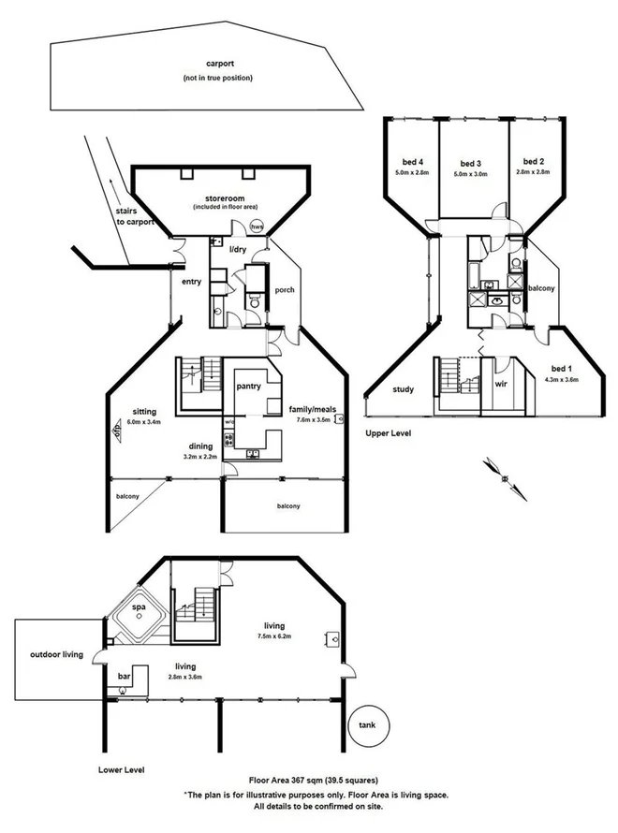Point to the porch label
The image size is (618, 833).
285,290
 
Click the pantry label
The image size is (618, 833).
248,385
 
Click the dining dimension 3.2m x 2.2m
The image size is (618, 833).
200,457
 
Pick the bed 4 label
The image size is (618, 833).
411,161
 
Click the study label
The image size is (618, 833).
404,390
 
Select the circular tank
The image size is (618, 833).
363,726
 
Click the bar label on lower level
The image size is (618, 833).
124,675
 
